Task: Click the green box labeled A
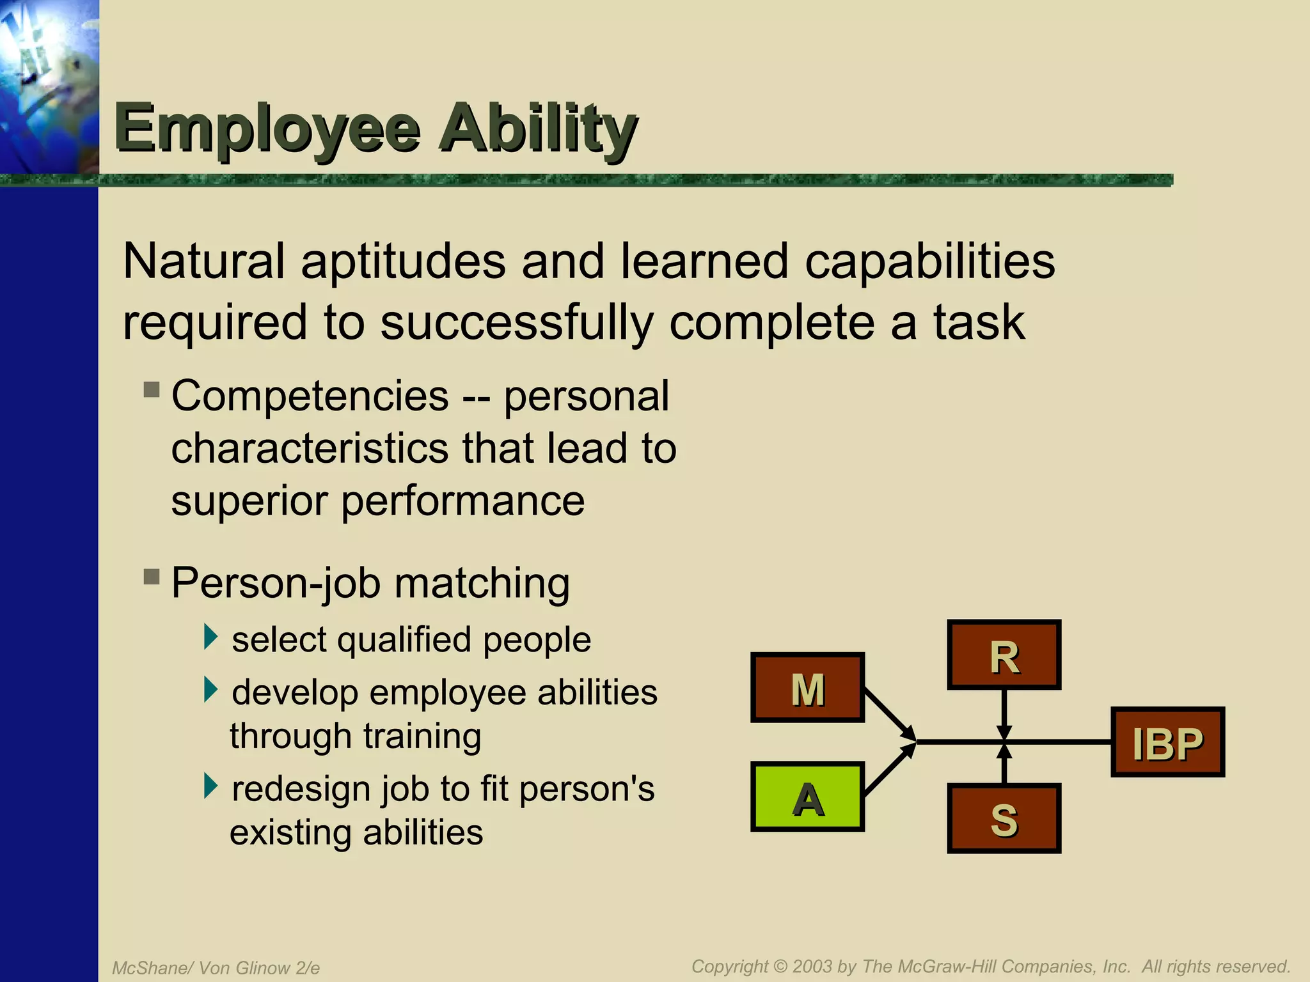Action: point(807,797)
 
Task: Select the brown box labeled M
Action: point(807,688)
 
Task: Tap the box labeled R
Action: point(1004,655)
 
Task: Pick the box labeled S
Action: point(1004,818)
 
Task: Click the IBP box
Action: point(1167,742)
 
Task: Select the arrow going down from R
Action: point(1004,713)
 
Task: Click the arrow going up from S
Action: point(1004,764)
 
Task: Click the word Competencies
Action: point(310,396)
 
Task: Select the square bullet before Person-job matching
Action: point(152,577)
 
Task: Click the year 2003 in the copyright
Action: point(812,966)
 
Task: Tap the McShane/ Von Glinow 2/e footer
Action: point(216,968)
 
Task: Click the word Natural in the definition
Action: point(203,261)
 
